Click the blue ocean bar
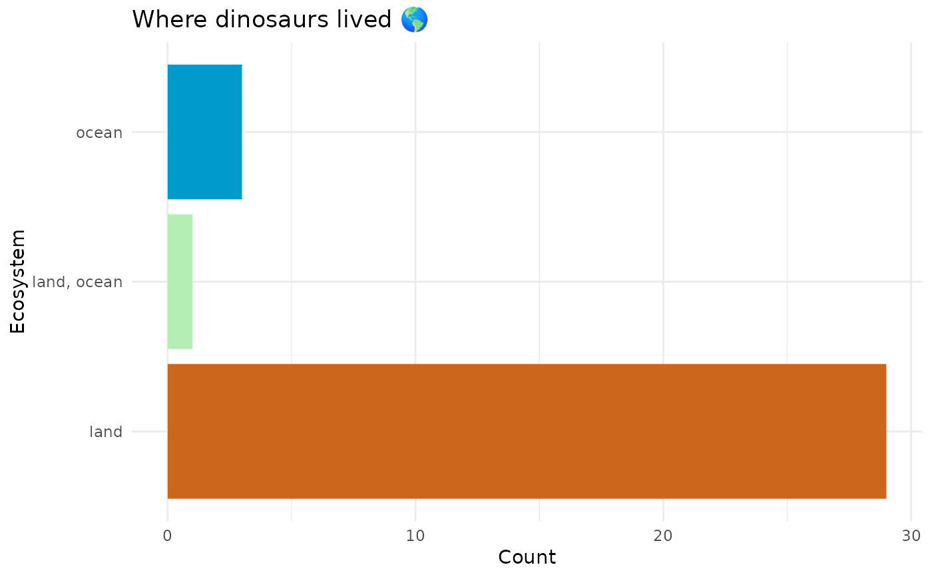tap(205, 132)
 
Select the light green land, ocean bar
tap(180, 281)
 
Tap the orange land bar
tap(527, 431)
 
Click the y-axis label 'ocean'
tap(99, 133)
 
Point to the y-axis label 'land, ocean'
tap(77, 282)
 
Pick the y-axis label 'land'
tap(106, 432)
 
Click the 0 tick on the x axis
tap(167, 536)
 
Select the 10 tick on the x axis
tap(415, 536)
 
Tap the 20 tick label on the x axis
tap(663, 536)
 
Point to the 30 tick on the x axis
tap(911, 536)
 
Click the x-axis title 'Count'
tap(527, 557)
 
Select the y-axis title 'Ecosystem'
tap(17, 281)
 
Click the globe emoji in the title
tap(414, 19)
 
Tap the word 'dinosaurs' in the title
tap(272, 19)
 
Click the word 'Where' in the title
tap(169, 19)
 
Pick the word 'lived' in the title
tap(364, 19)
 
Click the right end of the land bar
tap(886, 431)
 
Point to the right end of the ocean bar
tap(242, 132)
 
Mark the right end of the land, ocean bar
tap(192, 281)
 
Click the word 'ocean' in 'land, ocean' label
tap(99, 283)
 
